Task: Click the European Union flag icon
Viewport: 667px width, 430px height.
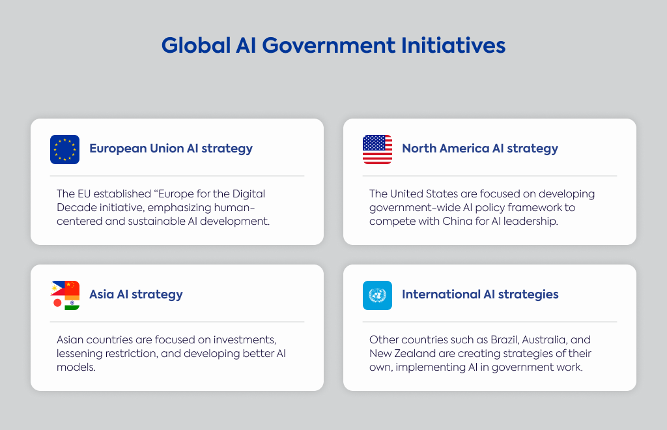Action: tap(64, 149)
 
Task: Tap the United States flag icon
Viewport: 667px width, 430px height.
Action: tap(377, 149)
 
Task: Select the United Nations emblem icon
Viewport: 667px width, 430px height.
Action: tap(377, 295)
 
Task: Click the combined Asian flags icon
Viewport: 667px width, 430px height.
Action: tap(64, 295)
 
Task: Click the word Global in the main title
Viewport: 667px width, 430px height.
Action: tap(195, 45)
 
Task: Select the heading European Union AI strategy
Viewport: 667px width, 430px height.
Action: tap(171, 149)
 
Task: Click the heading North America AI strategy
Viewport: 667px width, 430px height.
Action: tap(480, 149)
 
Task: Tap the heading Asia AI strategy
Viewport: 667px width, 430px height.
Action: tap(136, 294)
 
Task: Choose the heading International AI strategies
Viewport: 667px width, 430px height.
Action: tap(480, 294)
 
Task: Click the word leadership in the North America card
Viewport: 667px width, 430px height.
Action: tap(530, 222)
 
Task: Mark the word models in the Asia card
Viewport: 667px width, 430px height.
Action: tap(76, 367)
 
